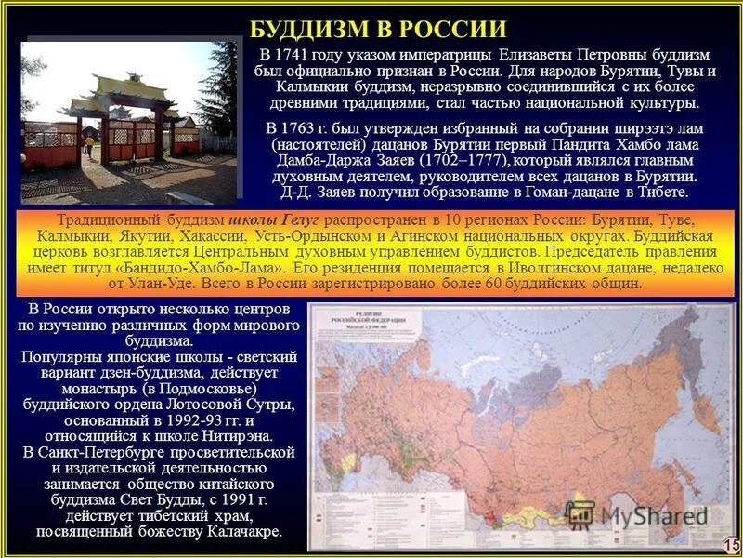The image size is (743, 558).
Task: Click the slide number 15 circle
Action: (x=730, y=544)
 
